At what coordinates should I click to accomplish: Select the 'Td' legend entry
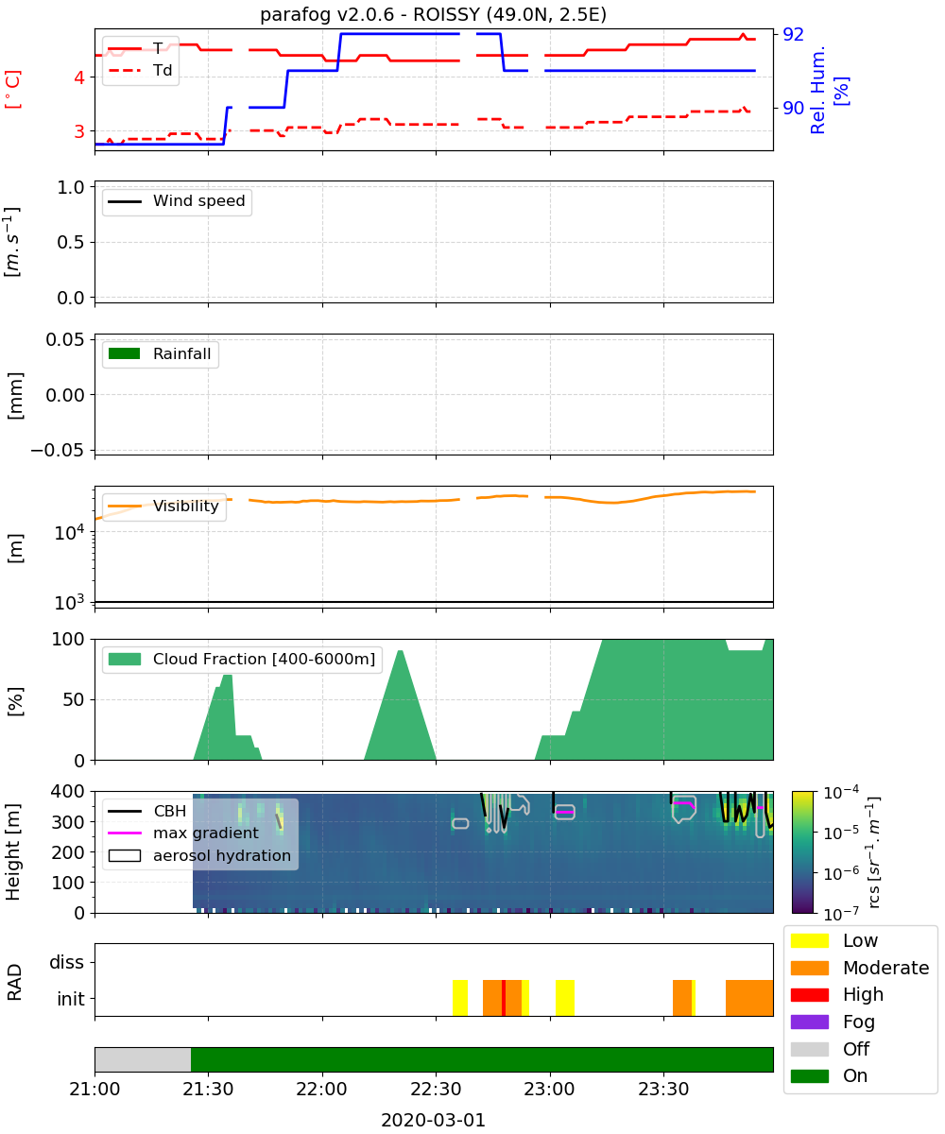click(x=140, y=70)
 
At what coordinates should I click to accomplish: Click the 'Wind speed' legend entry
click(x=177, y=201)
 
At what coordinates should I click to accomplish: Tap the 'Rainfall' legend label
click(x=181, y=353)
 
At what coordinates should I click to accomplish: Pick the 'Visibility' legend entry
click(x=163, y=506)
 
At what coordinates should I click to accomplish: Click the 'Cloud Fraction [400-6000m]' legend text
click(x=264, y=659)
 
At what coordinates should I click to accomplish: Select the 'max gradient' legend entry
click(x=183, y=833)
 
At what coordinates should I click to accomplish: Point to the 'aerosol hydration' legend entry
click(x=199, y=855)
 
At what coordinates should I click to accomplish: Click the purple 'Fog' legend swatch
click(x=809, y=1022)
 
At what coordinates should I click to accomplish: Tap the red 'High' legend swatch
click(x=809, y=994)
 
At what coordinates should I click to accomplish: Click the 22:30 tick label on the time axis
click(x=436, y=1089)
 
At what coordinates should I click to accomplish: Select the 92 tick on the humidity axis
click(x=793, y=34)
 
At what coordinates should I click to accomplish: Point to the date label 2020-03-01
click(x=434, y=1121)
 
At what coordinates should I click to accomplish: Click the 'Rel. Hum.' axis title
click(x=817, y=90)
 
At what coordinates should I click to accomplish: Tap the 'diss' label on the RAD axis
click(x=67, y=962)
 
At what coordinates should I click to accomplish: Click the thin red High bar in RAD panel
click(x=504, y=998)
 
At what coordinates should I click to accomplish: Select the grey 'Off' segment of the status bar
click(x=143, y=1059)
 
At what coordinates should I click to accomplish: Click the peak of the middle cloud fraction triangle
click(x=401, y=651)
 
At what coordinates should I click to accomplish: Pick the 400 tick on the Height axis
click(x=68, y=791)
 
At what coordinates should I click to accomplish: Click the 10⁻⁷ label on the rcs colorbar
click(x=841, y=914)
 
